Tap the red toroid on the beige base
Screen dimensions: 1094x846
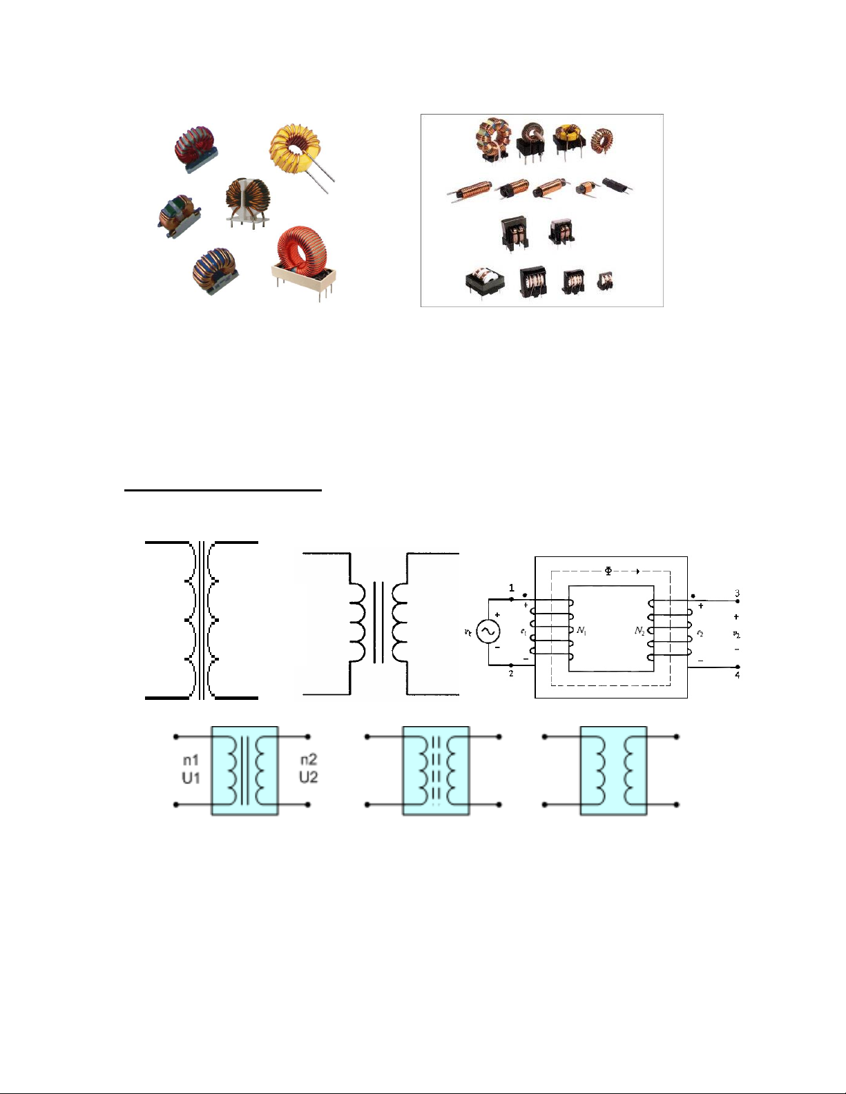click(x=302, y=256)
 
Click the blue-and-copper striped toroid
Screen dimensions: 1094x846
click(x=215, y=268)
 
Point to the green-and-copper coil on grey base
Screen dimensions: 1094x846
click(x=179, y=215)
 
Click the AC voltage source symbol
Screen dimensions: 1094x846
click(x=488, y=631)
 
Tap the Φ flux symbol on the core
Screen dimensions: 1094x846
click(x=608, y=571)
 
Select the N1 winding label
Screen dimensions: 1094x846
click(x=581, y=631)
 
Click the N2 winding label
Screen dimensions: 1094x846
click(x=640, y=631)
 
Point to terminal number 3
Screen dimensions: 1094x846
click(x=737, y=594)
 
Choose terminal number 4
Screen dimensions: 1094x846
click(x=737, y=675)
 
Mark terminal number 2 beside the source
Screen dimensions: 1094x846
click(x=511, y=674)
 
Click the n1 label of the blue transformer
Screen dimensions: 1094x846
click(x=191, y=760)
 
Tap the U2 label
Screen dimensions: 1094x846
click(x=308, y=777)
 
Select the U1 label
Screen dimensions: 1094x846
click(x=191, y=777)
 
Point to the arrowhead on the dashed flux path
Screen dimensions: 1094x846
click(x=637, y=571)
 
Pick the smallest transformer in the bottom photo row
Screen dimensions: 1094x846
click(x=605, y=280)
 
